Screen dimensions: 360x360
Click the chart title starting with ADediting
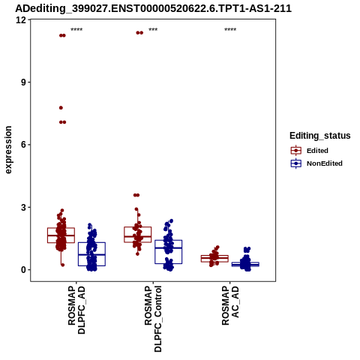pyautogui.click(x=153, y=8)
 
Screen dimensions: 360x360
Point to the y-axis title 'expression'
pyautogui.click(x=8, y=150)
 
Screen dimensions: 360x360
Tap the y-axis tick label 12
pyautogui.click(x=21, y=20)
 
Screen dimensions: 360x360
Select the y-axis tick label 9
pyautogui.click(x=24, y=82)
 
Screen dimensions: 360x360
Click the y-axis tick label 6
pyautogui.click(x=24, y=145)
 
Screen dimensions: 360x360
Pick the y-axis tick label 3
pyautogui.click(x=24, y=207)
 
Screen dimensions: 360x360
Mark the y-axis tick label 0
pyautogui.click(x=24, y=270)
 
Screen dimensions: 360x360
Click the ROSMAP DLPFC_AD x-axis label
pyautogui.click(x=76, y=310)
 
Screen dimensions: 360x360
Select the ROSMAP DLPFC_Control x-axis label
pyautogui.click(x=153, y=319)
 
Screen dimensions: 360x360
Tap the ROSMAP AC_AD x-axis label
pyautogui.click(x=230, y=305)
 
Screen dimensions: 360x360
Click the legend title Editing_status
pyautogui.click(x=320, y=136)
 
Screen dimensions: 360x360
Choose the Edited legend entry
pyautogui.click(x=310, y=151)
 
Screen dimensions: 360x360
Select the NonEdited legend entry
pyautogui.click(x=316, y=163)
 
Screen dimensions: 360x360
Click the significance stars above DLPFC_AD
pyautogui.click(x=76, y=30)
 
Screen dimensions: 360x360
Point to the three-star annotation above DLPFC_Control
pyautogui.click(x=153, y=30)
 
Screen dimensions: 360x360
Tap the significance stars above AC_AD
pyautogui.click(x=230, y=30)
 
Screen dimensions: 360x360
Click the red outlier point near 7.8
pyautogui.click(x=61, y=108)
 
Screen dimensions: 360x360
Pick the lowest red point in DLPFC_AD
pyautogui.click(x=62, y=265)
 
